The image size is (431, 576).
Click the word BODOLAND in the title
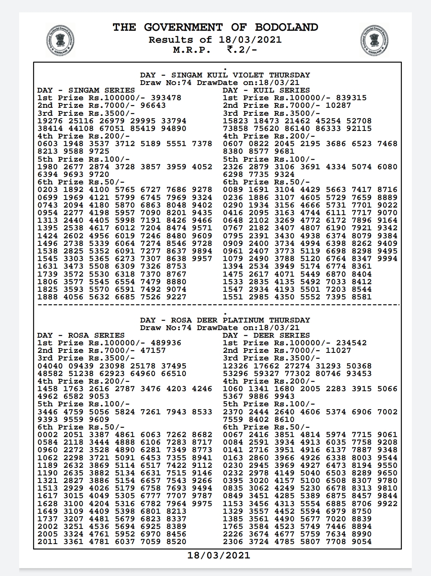tap(287, 27)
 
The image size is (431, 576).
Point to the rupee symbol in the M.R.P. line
tap(230, 49)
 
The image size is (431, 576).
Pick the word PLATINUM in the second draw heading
tap(243, 320)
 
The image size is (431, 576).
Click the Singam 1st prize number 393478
tap(166, 98)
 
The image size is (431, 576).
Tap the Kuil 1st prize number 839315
tap(351, 98)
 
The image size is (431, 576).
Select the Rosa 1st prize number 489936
tap(166, 343)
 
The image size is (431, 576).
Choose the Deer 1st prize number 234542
tap(351, 343)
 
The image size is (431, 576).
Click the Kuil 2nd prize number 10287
tap(338, 105)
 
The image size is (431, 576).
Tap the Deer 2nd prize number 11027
tap(338, 350)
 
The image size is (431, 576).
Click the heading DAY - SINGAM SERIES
tap(86, 90)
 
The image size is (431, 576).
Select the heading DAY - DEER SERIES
tap(266, 335)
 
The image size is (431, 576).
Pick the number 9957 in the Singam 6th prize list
tap(202, 259)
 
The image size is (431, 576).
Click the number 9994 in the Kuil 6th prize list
tap(388, 259)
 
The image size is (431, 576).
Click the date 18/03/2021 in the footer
tap(219, 555)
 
